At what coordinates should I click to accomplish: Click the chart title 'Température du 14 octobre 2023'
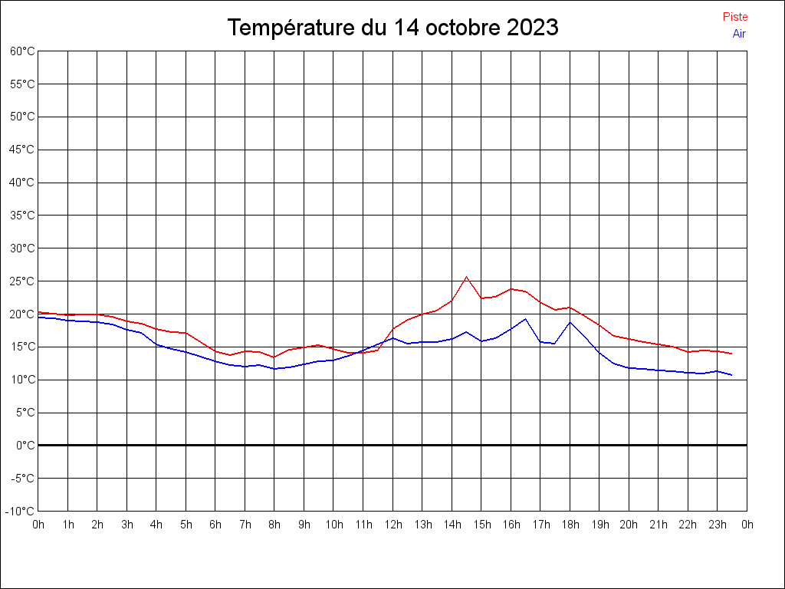click(392, 28)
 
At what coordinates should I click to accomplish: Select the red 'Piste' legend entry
click(735, 17)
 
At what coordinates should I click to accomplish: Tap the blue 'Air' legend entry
click(739, 33)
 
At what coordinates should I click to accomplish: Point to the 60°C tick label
click(22, 51)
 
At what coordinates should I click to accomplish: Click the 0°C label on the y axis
click(25, 446)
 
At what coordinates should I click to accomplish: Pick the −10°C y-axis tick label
click(21, 512)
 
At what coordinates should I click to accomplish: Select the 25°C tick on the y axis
click(22, 281)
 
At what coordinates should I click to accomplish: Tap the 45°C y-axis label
click(22, 150)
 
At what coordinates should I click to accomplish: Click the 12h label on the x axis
click(392, 525)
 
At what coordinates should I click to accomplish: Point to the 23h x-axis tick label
click(718, 525)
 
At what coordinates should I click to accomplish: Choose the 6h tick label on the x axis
click(215, 525)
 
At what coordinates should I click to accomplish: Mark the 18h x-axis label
click(570, 525)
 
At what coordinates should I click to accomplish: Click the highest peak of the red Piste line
click(466, 277)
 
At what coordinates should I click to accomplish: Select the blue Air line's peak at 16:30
click(525, 319)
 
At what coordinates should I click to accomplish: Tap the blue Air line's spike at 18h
click(570, 322)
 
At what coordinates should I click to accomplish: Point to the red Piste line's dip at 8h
click(274, 357)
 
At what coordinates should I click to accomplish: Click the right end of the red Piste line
click(732, 354)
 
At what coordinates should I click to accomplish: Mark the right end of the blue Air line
click(732, 375)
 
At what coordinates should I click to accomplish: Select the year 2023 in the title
click(533, 28)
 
